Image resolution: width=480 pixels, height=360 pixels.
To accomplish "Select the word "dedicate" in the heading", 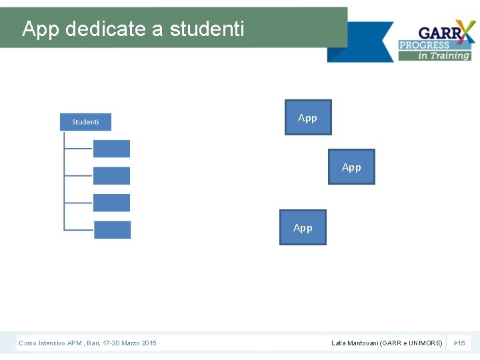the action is [x=99, y=29].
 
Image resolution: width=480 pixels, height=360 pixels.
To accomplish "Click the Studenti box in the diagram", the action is [x=85, y=122].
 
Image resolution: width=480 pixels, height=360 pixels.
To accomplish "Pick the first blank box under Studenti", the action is [x=111, y=149].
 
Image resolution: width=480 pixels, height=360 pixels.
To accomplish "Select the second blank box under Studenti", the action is [x=111, y=175].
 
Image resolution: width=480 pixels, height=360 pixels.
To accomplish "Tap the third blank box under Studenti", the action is [x=111, y=203].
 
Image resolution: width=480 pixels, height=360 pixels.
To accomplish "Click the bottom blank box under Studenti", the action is [x=112, y=229].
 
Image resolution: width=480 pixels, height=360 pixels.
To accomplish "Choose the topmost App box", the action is [x=308, y=117].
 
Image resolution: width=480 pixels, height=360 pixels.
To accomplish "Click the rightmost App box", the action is [x=352, y=167].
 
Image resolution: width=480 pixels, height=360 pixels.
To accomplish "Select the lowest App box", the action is [x=303, y=227].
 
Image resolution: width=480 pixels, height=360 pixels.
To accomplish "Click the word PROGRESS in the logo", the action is [x=424, y=45].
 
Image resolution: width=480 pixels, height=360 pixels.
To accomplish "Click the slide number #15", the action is [x=459, y=343].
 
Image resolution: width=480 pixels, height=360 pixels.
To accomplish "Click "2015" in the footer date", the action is [x=149, y=343].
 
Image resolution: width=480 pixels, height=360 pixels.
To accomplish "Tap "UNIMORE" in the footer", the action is [x=424, y=343].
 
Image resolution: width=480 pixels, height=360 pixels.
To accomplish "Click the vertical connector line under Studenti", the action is [x=64, y=180].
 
